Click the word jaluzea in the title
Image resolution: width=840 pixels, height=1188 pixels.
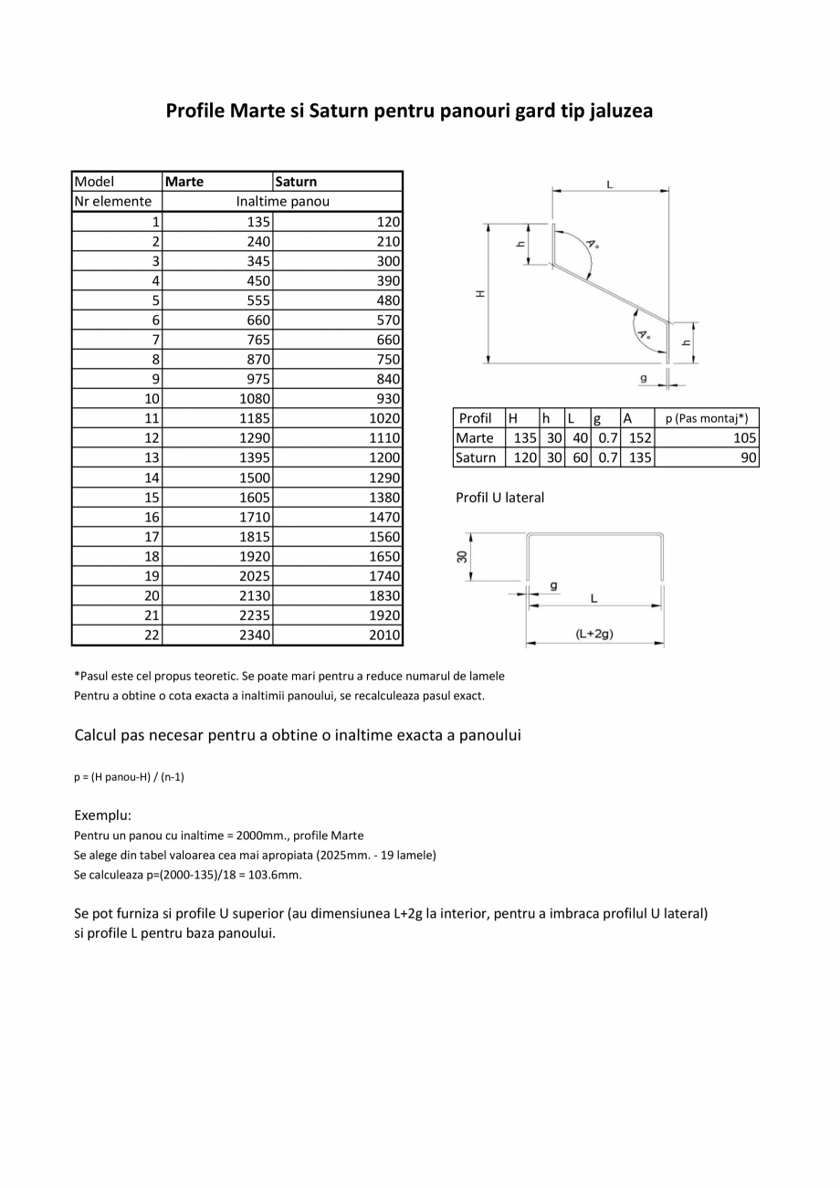(x=620, y=111)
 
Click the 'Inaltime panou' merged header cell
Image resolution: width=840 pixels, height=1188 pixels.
(x=282, y=202)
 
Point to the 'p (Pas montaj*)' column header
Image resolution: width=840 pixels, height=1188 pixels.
(x=706, y=418)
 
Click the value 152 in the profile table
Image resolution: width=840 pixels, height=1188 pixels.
(x=640, y=438)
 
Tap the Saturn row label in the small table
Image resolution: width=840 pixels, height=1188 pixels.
(x=476, y=458)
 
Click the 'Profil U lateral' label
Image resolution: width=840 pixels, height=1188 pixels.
(x=499, y=498)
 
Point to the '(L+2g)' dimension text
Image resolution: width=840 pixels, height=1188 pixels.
(x=594, y=633)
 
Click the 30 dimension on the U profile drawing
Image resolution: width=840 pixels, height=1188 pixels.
(x=463, y=556)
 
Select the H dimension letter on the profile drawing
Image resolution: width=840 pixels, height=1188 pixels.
(x=480, y=294)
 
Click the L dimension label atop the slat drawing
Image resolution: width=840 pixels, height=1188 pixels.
(x=610, y=184)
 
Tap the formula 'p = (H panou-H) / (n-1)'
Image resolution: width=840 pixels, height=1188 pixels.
(x=130, y=777)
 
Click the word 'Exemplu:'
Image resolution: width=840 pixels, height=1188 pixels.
(x=102, y=815)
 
